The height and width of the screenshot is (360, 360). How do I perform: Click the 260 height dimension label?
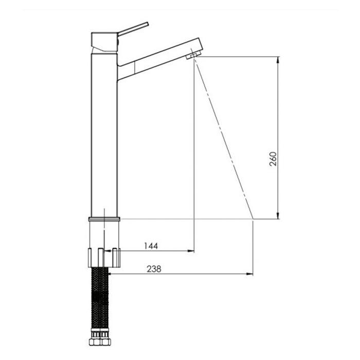(x=273, y=158)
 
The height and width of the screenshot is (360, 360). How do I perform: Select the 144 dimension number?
(x=151, y=246)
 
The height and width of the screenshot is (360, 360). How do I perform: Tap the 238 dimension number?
(x=154, y=268)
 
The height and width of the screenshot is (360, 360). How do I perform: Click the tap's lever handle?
(x=133, y=29)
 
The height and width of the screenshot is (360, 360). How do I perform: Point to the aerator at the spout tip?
(x=193, y=55)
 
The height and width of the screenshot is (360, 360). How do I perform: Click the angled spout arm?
(x=158, y=59)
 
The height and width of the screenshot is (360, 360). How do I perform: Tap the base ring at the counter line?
(x=104, y=219)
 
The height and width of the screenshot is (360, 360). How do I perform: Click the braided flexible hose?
(x=100, y=298)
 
